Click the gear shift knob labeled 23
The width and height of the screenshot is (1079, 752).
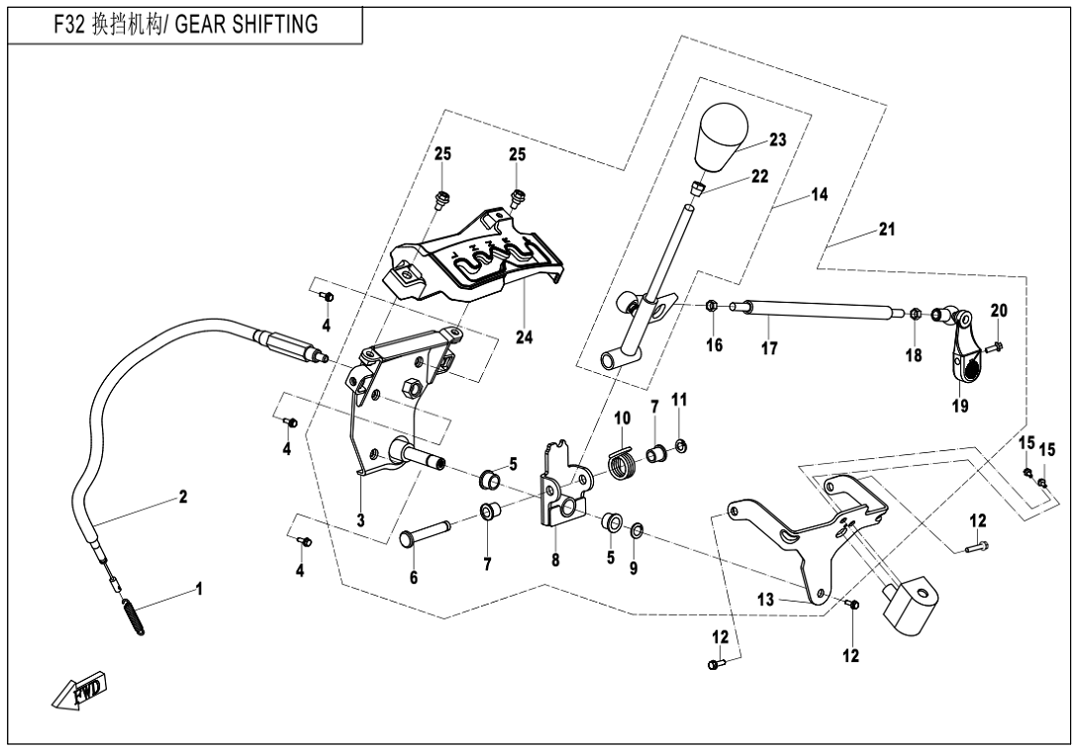[720, 138]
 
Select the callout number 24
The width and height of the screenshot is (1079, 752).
[524, 337]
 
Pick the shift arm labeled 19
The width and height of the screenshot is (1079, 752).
[962, 356]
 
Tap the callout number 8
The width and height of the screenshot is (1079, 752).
[555, 559]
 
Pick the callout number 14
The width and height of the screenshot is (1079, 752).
[819, 195]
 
